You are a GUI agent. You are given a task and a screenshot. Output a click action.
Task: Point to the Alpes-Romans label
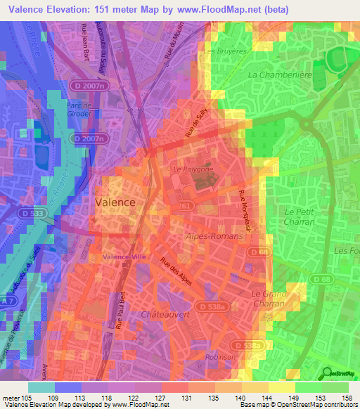214,237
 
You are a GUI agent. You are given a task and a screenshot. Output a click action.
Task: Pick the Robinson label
221,356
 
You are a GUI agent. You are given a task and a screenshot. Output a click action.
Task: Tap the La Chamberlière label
279,74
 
